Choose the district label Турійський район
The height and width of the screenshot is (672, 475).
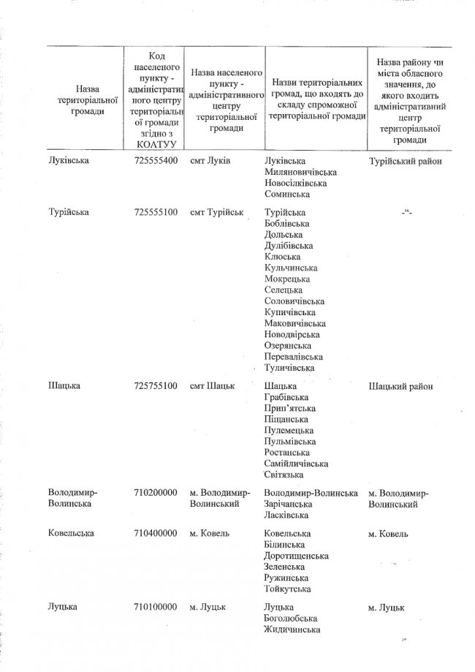406,161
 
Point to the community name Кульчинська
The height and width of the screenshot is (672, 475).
292,268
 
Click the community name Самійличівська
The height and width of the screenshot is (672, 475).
296,464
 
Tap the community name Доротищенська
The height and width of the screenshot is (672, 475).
294,556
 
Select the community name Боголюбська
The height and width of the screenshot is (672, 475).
290,618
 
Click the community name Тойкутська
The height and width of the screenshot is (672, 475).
287,589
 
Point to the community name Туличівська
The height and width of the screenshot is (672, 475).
292,367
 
